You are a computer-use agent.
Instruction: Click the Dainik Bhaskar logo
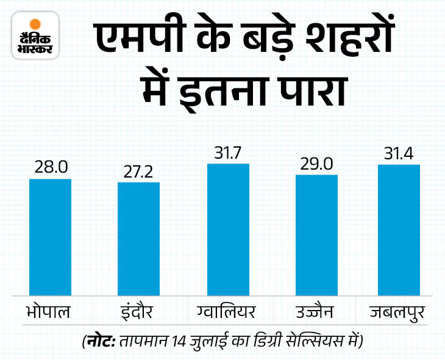35,36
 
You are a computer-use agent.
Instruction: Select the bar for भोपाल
51,238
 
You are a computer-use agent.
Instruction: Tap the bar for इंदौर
138,240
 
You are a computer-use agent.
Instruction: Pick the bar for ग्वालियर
228,231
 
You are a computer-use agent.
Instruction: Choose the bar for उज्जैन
316,236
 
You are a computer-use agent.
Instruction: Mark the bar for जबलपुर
399,231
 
